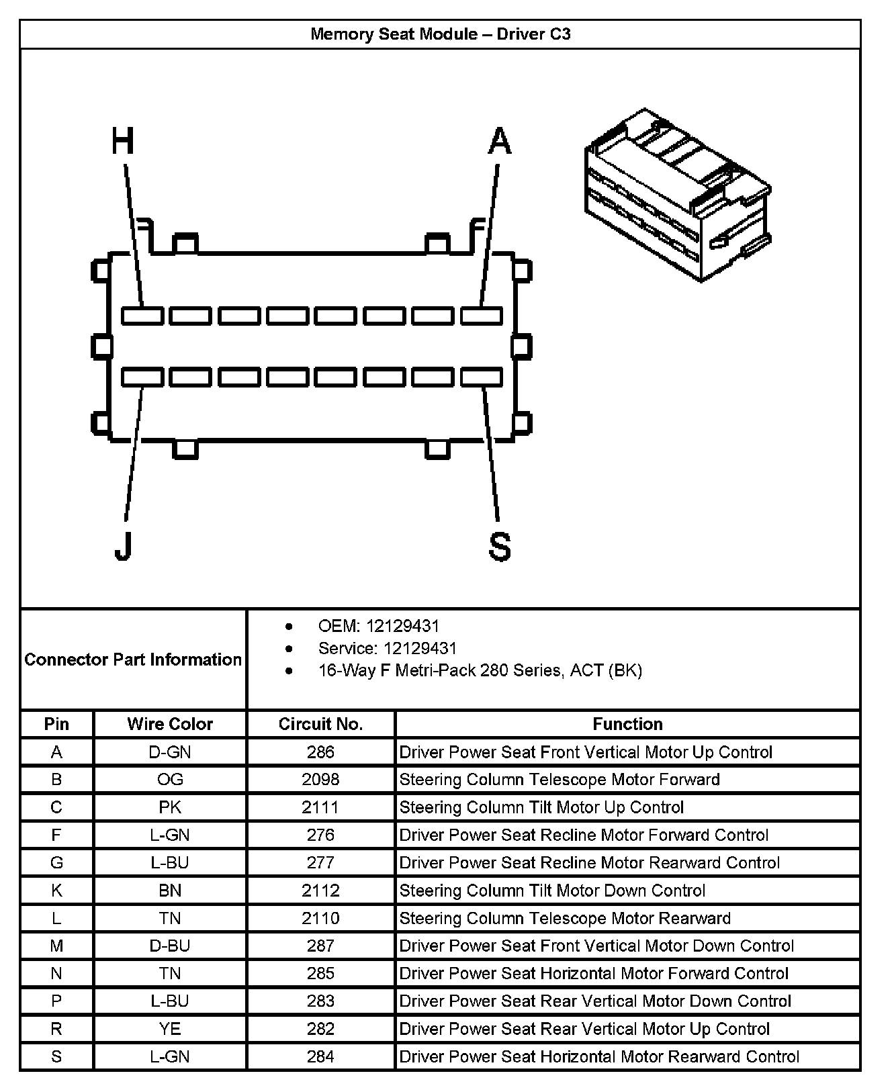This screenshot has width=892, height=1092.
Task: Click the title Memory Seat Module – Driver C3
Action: coord(440,34)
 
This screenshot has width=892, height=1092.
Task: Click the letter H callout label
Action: coord(123,142)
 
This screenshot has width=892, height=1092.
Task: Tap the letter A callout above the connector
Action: coord(500,142)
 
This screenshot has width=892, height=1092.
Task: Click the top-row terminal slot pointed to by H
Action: coord(142,315)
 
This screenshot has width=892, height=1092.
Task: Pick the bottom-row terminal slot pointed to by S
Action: coord(482,377)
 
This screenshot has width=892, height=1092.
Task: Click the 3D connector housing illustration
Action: coord(677,195)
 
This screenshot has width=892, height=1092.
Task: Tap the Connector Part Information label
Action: coord(133,659)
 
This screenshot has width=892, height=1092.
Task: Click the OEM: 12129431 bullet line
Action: coord(378,627)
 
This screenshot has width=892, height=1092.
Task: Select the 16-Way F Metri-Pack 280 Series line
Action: coord(480,670)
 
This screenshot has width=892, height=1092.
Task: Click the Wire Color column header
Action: coord(170,724)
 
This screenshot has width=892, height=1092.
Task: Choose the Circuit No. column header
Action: coord(320,724)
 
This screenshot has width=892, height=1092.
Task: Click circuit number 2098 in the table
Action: coord(320,779)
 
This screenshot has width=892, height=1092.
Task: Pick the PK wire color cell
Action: coord(170,807)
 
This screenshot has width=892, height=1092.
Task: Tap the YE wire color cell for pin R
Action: coord(170,1029)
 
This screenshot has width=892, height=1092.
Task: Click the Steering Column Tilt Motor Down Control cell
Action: coord(552,891)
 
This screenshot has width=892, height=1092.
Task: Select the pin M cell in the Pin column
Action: coord(56,946)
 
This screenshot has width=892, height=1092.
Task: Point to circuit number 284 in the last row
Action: coord(320,1056)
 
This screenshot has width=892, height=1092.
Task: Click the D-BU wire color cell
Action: coord(170,946)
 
